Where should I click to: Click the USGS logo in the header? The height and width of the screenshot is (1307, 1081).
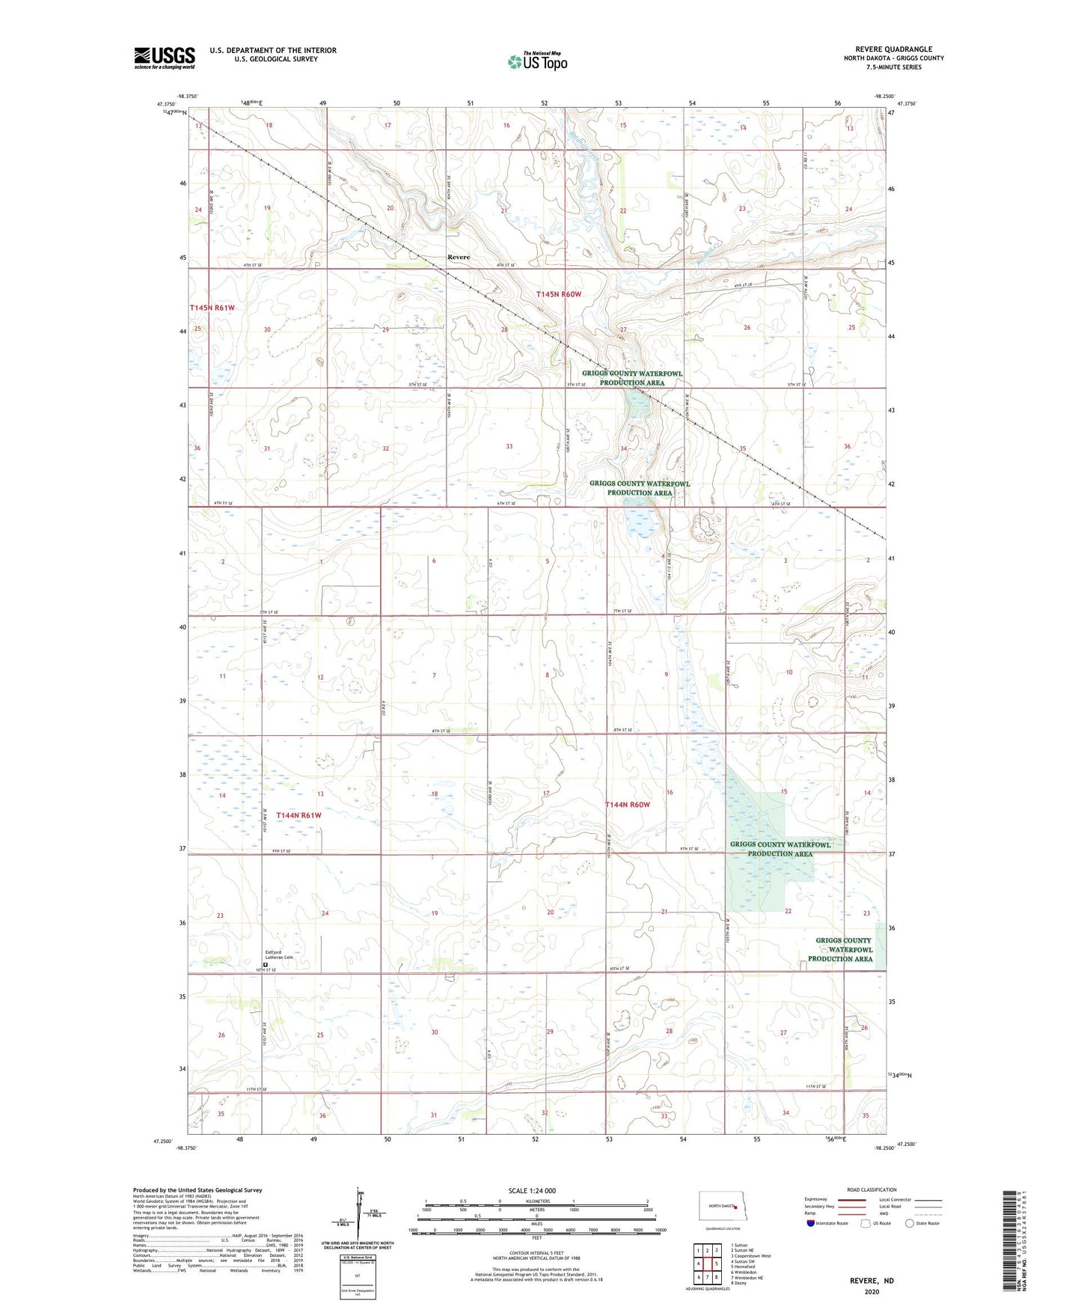165,58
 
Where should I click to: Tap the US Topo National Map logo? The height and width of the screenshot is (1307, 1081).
537,61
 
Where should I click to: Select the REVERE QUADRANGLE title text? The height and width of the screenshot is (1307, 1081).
893,49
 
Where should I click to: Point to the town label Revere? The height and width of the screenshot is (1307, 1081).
459,258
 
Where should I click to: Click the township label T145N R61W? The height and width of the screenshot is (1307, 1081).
212,308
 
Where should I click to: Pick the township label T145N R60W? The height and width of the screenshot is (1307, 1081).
558,294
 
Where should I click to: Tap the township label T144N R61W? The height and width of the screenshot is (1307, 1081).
298,815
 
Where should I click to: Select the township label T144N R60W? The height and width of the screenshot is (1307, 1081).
627,805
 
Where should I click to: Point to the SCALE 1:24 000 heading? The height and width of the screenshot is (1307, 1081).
532,1190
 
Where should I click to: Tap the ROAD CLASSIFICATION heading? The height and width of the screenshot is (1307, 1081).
872,1189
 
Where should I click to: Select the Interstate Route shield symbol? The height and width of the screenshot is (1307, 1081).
812,1223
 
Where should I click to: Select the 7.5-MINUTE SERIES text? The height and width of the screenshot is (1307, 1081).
893,67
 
